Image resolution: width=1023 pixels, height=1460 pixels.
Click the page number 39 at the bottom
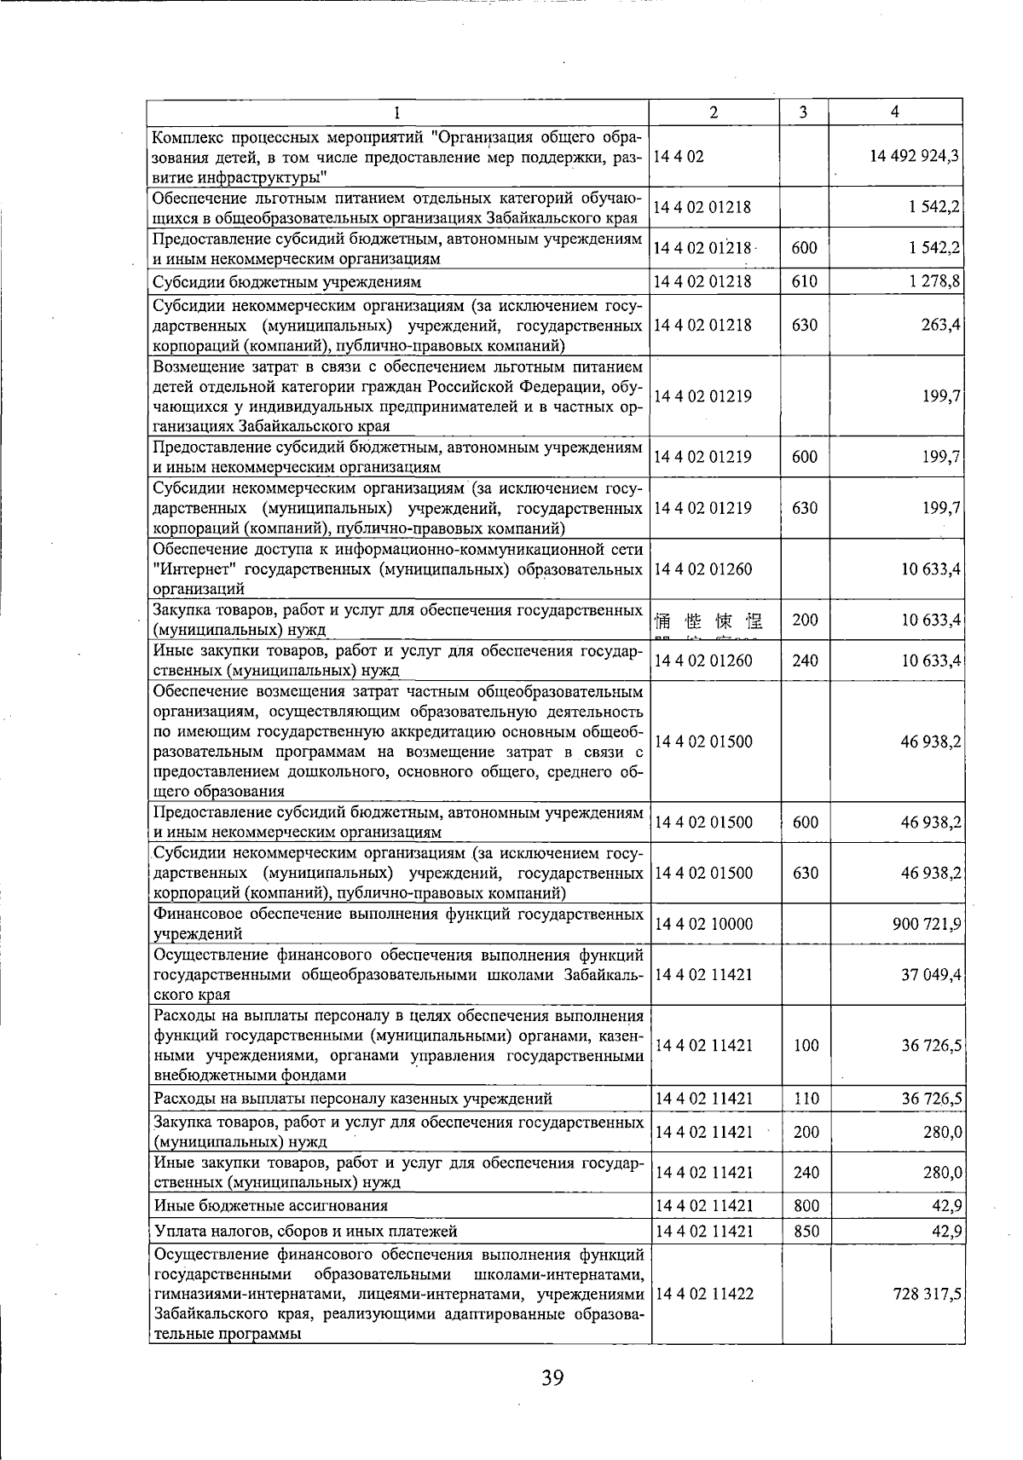pos(552,1376)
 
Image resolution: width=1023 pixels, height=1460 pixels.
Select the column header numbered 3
pos(804,112)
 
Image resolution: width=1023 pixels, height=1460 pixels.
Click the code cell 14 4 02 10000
pos(703,924)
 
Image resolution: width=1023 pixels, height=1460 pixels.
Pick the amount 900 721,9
pos(928,924)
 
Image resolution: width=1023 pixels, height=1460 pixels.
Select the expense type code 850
pos(806,1231)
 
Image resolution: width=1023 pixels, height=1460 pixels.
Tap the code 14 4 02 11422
pos(703,1294)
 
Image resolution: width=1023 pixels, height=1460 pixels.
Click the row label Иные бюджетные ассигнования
pos(271,1205)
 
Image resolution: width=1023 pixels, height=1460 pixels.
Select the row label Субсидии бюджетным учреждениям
pos(286,282)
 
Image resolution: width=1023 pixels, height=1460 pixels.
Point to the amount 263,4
pos(941,325)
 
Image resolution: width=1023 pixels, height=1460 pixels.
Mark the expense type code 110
pos(806,1099)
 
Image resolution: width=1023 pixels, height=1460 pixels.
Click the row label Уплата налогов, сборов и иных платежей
pos(306,1231)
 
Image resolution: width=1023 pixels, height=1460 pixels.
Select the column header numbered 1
pos(397,112)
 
